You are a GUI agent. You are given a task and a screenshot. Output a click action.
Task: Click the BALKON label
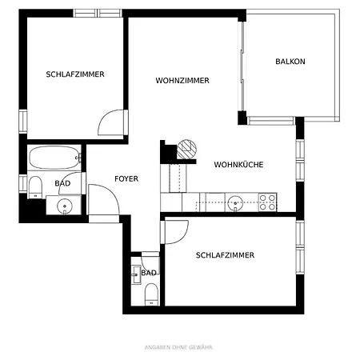(290, 62)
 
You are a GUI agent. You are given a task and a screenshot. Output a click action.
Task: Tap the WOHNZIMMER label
(182, 81)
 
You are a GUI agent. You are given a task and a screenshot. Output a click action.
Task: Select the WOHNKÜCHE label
(238, 165)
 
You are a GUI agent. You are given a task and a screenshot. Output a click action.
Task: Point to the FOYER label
(126, 179)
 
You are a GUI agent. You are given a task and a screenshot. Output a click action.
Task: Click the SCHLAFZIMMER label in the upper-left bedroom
(75, 74)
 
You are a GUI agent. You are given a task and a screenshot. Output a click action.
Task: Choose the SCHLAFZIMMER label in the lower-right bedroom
(225, 255)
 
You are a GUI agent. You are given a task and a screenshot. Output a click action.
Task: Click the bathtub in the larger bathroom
(54, 157)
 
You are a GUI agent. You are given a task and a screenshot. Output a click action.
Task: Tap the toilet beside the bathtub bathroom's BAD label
(35, 187)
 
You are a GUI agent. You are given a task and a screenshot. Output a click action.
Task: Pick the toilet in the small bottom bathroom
(148, 296)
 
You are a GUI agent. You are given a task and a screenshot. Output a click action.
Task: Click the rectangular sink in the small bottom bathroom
(135, 273)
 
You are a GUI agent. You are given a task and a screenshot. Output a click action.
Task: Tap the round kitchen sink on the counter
(234, 202)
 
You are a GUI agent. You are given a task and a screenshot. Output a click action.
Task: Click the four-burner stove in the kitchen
(267, 202)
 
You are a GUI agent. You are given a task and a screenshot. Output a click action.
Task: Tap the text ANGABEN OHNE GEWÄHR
(179, 346)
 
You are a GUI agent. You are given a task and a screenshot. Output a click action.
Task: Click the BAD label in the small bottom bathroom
(149, 273)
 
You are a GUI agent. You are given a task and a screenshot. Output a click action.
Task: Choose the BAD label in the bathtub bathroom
(62, 183)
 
